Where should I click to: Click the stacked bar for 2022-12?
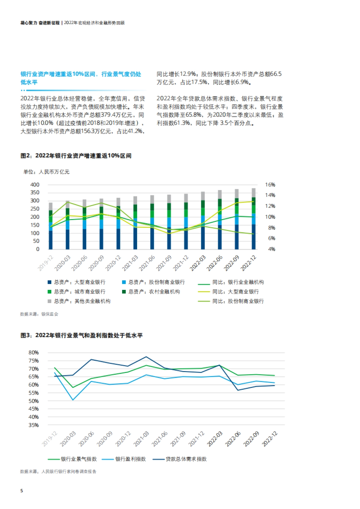[x=253, y=219]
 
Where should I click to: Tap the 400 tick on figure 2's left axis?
[x=35, y=185]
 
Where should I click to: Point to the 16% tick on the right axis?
[x=270, y=185]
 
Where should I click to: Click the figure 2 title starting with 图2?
[x=76, y=156]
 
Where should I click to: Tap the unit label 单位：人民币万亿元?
[x=46, y=172]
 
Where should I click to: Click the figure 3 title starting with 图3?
[x=82, y=335]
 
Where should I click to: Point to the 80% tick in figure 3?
[x=34, y=353]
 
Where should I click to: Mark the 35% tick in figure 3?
[x=34, y=425]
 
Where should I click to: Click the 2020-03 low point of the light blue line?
[x=73, y=400]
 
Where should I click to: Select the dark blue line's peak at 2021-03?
[x=146, y=357]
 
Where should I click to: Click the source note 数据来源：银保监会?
[x=39, y=314]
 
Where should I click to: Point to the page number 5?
[x=22, y=491]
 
